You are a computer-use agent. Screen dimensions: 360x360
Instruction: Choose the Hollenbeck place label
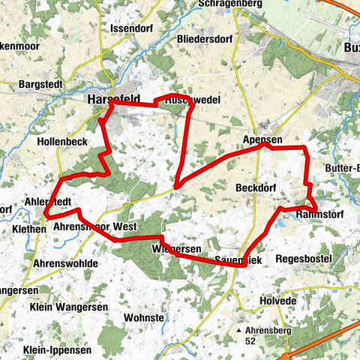coord(62,140)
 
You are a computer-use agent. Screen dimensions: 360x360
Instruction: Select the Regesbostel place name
coord(302,258)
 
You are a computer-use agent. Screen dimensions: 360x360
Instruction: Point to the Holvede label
coord(279,301)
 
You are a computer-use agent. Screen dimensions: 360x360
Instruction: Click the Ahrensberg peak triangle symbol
coord(238,329)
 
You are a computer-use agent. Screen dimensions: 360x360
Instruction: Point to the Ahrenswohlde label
coord(65,264)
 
